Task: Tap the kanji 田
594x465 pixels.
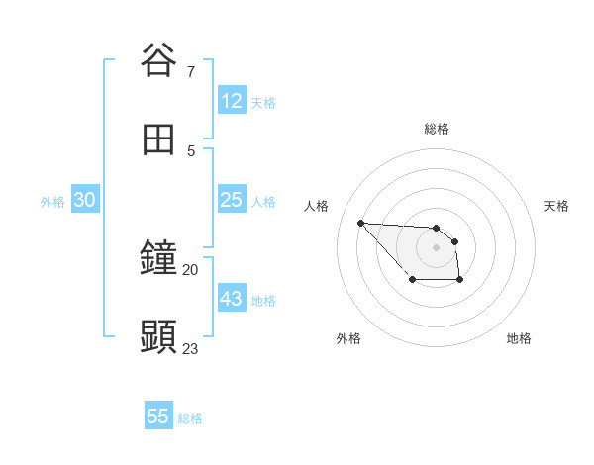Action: (x=158, y=139)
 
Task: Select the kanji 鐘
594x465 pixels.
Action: (x=158, y=258)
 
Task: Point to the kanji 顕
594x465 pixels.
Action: (x=158, y=337)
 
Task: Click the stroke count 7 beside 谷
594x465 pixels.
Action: (x=191, y=71)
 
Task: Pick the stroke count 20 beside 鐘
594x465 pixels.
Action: (x=191, y=269)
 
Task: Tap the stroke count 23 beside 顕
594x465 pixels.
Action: (x=191, y=348)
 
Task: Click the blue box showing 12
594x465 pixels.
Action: (x=232, y=101)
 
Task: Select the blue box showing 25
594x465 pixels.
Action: (x=232, y=200)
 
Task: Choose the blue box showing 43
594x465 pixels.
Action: (x=232, y=299)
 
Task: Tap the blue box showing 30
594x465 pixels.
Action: (x=85, y=200)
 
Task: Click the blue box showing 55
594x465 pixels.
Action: (x=158, y=417)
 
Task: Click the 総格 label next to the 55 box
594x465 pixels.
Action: (x=190, y=418)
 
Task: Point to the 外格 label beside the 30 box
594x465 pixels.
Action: (x=52, y=202)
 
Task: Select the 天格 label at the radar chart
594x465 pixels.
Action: (x=556, y=206)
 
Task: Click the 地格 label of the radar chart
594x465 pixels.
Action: (x=519, y=338)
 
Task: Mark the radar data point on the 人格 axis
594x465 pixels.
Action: (x=360, y=223)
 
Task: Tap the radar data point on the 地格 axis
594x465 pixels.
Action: (x=460, y=281)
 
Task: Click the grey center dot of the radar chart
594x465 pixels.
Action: (x=436, y=247)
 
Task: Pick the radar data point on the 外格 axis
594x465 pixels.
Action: (x=412, y=281)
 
